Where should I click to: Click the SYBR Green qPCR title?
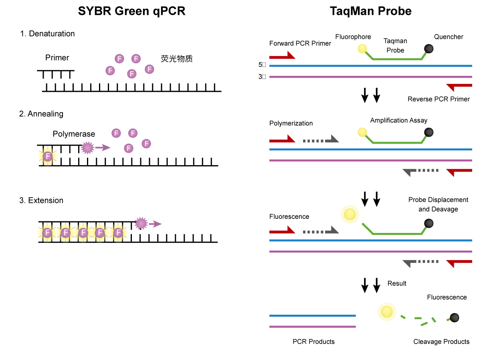pos(131,11)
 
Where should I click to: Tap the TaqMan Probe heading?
pos(370,11)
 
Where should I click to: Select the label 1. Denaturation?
pos(48,34)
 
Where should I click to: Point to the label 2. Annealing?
pos(41,114)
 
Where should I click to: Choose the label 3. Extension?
pos(41,200)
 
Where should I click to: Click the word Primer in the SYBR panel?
pos(57,58)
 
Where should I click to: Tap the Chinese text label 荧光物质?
pos(177,59)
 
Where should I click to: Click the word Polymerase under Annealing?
pos(74,134)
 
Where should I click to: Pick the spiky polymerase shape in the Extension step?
pos(141,223)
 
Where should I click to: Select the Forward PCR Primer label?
pos(300,43)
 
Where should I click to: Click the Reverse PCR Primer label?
pos(439,99)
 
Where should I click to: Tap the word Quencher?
pos(449,37)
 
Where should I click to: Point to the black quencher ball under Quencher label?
pos(428,49)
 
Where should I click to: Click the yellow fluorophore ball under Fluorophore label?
pos(362,49)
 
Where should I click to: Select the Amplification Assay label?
pos(398,120)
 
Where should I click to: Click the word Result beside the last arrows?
pos(397,283)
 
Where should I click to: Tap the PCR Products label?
pos(313,342)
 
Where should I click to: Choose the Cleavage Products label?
pos(441,342)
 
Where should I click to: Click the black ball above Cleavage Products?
pos(454,318)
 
